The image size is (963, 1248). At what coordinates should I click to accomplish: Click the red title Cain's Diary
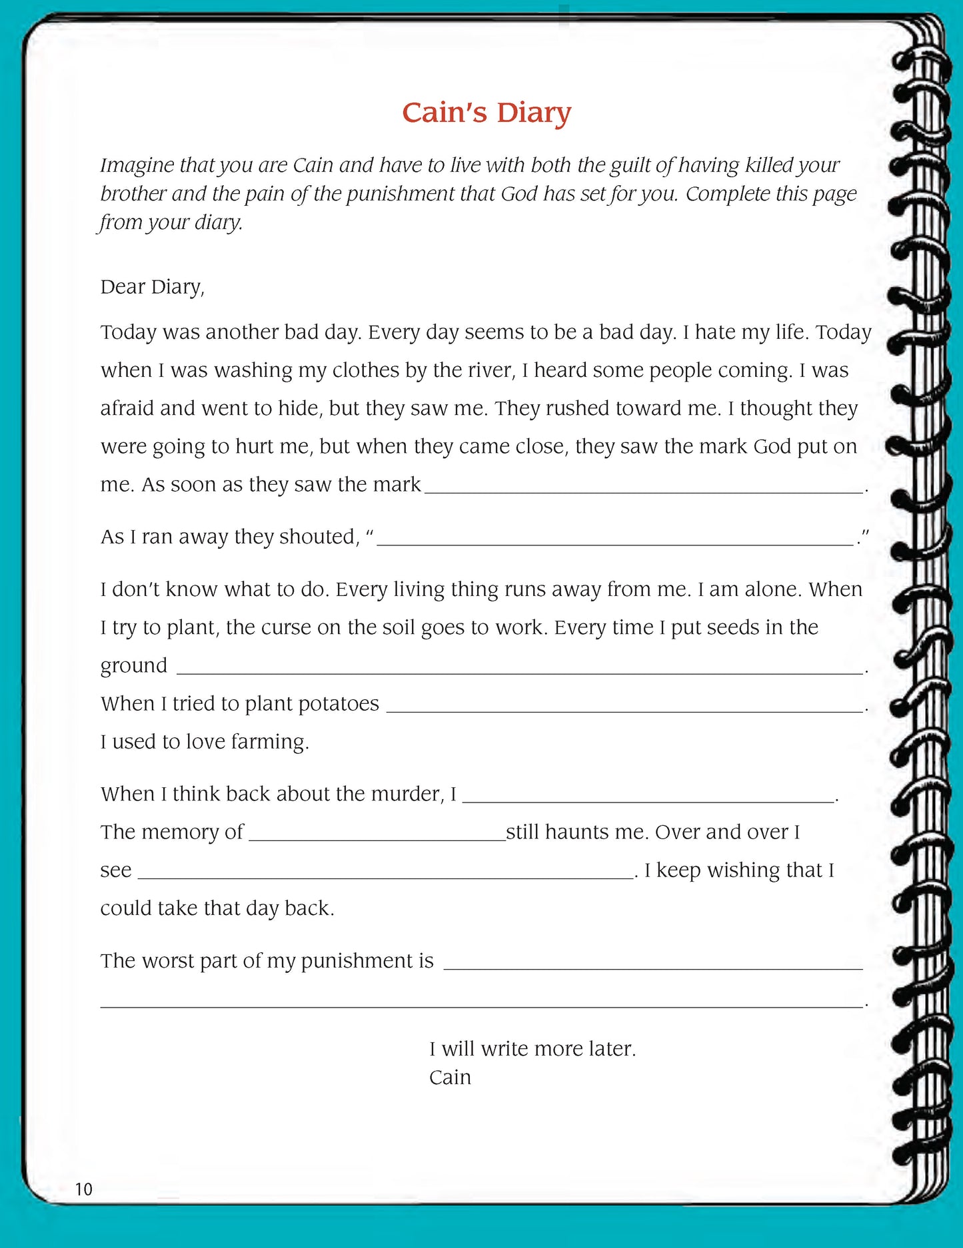coord(486,113)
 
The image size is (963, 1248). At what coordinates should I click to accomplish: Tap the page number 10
coord(83,1189)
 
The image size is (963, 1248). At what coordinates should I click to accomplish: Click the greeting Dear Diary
coord(152,286)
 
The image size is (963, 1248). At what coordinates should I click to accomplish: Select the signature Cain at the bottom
coord(450,1077)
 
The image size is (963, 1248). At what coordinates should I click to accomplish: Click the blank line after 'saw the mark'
coord(643,489)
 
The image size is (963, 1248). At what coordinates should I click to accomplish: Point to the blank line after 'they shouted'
coord(615,542)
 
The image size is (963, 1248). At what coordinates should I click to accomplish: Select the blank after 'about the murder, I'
coord(648,799)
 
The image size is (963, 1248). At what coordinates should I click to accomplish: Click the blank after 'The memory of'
coord(377,837)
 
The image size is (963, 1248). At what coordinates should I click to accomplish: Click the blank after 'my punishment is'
coord(652,966)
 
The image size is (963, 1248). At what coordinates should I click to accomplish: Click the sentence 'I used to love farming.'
coord(205,742)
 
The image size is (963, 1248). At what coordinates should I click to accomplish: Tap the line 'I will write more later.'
coord(532,1049)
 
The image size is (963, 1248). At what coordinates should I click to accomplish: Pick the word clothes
coord(366,370)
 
